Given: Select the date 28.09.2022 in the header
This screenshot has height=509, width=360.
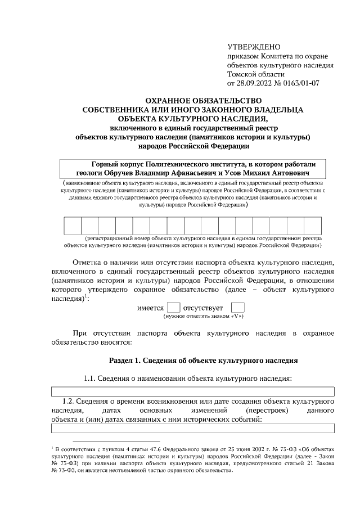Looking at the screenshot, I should (255, 83).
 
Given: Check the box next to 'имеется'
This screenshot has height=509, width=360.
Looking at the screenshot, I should (174, 308).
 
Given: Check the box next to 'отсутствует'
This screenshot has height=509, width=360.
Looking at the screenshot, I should (238, 308).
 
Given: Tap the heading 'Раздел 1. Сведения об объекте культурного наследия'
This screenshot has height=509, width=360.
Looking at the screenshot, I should (202, 360).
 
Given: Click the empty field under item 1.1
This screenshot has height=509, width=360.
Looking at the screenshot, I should (193, 392).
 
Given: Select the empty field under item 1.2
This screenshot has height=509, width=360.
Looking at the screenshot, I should (193, 429).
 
